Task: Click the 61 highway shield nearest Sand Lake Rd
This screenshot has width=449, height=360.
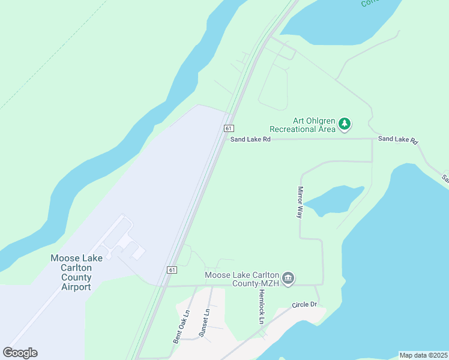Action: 229,128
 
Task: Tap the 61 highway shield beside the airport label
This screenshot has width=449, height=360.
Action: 172,270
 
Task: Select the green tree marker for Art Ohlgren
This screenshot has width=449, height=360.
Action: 344,124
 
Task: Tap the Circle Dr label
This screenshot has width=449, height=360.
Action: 304,305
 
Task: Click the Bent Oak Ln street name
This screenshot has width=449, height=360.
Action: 181,326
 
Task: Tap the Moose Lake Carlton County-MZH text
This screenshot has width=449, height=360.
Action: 242,279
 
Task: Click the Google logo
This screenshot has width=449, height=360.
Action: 20,353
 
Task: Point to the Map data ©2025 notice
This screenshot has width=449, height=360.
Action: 423,355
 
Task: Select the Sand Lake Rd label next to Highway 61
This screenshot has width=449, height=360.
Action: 250,139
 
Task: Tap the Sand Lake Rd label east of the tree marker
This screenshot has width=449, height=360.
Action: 397,139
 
